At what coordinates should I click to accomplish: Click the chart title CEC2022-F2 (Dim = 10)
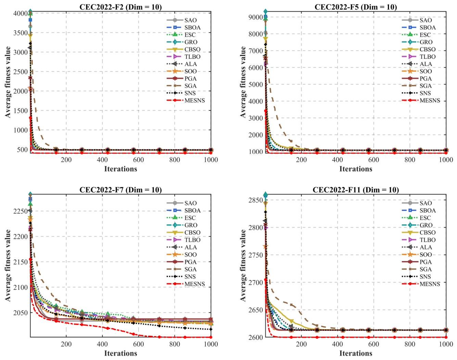pyautogui.click(x=120, y=7)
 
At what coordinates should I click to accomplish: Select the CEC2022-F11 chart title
pyautogui.click(x=356, y=190)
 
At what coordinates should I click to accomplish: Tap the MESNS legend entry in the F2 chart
pyautogui.click(x=186, y=100)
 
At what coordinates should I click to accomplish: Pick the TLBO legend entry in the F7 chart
pyautogui.click(x=184, y=240)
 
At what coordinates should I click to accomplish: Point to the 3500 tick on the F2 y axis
pyautogui.click(x=21, y=33)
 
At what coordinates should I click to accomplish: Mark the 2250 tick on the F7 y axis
pyautogui.click(x=21, y=211)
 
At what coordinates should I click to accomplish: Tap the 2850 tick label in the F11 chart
pyautogui.click(x=256, y=200)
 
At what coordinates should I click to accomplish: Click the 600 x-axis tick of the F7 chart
pyautogui.click(x=138, y=344)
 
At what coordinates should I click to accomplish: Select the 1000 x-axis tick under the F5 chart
pyautogui.click(x=446, y=159)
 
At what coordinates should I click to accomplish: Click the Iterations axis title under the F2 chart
pyautogui.click(x=120, y=169)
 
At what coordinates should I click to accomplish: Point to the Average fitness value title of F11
pyautogui.click(x=243, y=265)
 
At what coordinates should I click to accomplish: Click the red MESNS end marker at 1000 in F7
pyautogui.click(x=211, y=337)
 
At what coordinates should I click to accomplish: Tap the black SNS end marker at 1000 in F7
pyautogui.click(x=211, y=329)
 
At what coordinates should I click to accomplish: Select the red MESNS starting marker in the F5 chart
pyautogui.click(x=265, y=111)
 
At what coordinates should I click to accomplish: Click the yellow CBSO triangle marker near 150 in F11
pyautogui.click(x=291, y=321)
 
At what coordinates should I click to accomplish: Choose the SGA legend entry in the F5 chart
pyautogui.click(x=417, y=86)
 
